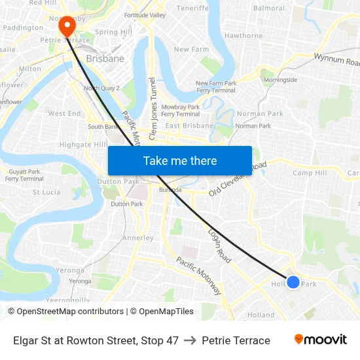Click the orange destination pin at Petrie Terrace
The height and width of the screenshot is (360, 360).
pyautogui.click(x=67, y=26)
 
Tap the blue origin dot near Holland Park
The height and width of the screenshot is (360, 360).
pyautogui.click(x=293, y=282)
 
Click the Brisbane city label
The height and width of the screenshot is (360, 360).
pyautogui.click(x=105, y=58)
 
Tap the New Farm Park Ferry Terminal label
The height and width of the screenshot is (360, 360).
pyautogui.click(x=217, y=87)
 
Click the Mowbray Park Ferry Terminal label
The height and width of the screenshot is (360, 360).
pyautogui.click(x=180, y=111)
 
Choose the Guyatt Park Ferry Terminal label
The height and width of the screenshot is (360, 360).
pyautogui.click(x=24, y=175)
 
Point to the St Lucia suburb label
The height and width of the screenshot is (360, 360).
pyautogui.click(x=46, y=192)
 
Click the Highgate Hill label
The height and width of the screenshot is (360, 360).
pyautogui.click(x=83, y=145)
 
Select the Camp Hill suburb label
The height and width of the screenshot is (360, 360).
pyautogui.click(x=310, y=173)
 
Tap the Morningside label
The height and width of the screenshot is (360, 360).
pyautogui.click(x=280, y=80)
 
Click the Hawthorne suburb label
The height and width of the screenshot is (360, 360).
pyautogui.click(x=243, y=36)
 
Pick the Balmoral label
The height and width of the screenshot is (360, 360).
pyautogui.click(x=269, y=9)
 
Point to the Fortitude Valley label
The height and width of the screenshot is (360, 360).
pyautogui.click(x=145, y=15)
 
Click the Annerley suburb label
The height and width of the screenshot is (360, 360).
pyautogui.click(x=138, y=238)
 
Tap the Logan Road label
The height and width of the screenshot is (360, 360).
pyautogui.click(x=219, y=246)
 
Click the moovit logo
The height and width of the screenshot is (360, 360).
pyautogui.click(x=321, y=340)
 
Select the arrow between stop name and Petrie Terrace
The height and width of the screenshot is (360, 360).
pyautogui.click(x=190, y=340)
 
